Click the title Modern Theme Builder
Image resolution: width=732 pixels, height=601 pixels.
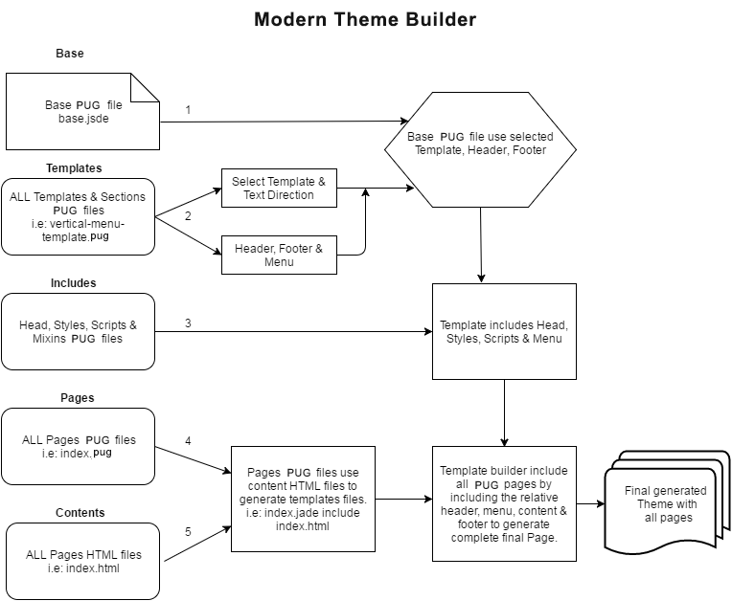point(365,19)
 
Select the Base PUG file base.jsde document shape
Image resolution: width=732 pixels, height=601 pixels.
point(82,111)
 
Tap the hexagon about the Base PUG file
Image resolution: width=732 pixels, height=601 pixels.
point(480,144)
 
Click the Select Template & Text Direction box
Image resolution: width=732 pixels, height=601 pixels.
point(279,189)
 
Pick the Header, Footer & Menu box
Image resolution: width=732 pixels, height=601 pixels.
point(279,256)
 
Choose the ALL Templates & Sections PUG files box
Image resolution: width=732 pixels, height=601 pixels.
point(79,216)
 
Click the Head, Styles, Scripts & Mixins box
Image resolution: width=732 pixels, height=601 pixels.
point(79,331)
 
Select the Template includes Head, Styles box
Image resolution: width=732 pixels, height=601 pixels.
point(504,331)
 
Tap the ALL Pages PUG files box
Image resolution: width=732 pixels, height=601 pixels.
point(79,446)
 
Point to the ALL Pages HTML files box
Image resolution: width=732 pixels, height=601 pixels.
point(82,561)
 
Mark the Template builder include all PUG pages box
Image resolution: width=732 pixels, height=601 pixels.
point(504,503)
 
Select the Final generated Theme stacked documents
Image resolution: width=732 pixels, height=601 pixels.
point(663,503)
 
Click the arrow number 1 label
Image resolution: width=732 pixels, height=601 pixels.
point(188,110)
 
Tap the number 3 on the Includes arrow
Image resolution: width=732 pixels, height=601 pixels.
point(188,323)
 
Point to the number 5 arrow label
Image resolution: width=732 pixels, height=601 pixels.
point(188,531)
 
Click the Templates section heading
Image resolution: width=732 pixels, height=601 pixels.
point(74,168)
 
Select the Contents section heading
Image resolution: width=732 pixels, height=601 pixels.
point(76,513)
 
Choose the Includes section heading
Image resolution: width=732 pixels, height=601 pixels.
point(74,283)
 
